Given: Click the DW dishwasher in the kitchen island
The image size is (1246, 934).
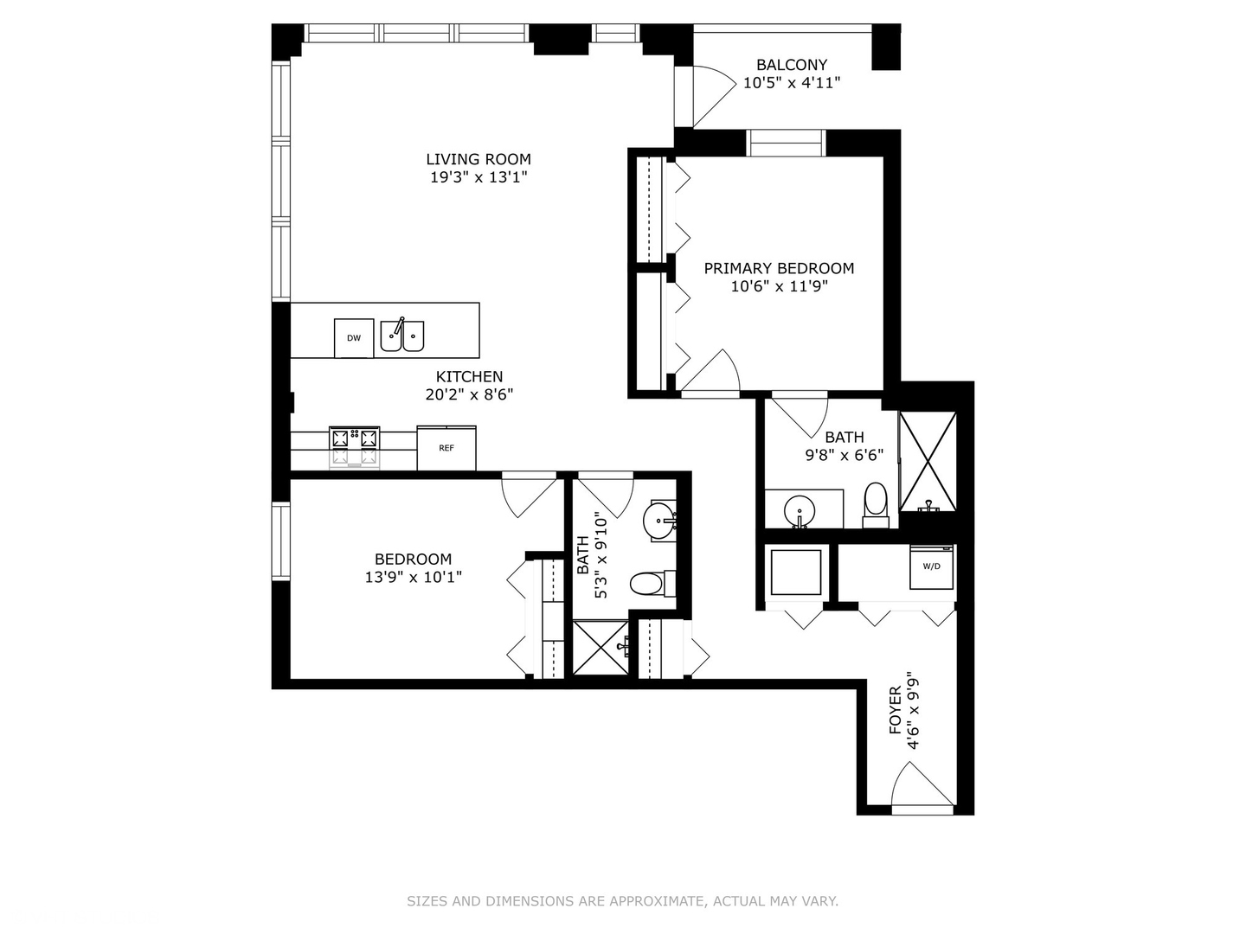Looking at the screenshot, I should pos(354,338).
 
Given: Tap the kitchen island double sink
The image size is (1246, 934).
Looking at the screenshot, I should pos(402,336).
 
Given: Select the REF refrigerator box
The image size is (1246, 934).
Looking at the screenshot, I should pos(446,448).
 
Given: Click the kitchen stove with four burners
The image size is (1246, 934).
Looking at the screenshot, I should pos(354,447).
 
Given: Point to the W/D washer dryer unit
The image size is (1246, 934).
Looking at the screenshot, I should pos(931,567).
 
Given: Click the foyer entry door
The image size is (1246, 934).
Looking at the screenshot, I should pos(922,787).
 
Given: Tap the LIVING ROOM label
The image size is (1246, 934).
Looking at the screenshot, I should pos(478,159).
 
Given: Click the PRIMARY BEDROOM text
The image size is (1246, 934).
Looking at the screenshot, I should pos(779,268).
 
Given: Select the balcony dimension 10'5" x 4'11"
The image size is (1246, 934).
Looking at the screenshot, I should pos(792,83).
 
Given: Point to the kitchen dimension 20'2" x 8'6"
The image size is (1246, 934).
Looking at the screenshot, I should pos(469,394).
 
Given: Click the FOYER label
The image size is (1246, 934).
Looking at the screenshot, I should pos(896,711).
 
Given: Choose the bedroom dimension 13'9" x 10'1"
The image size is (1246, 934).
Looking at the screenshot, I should pos(413,577).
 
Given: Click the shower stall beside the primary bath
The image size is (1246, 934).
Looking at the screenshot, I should pos(928,461).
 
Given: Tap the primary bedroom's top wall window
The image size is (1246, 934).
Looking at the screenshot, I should pos(786,143).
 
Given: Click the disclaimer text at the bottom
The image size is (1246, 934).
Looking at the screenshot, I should pos(622,901).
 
